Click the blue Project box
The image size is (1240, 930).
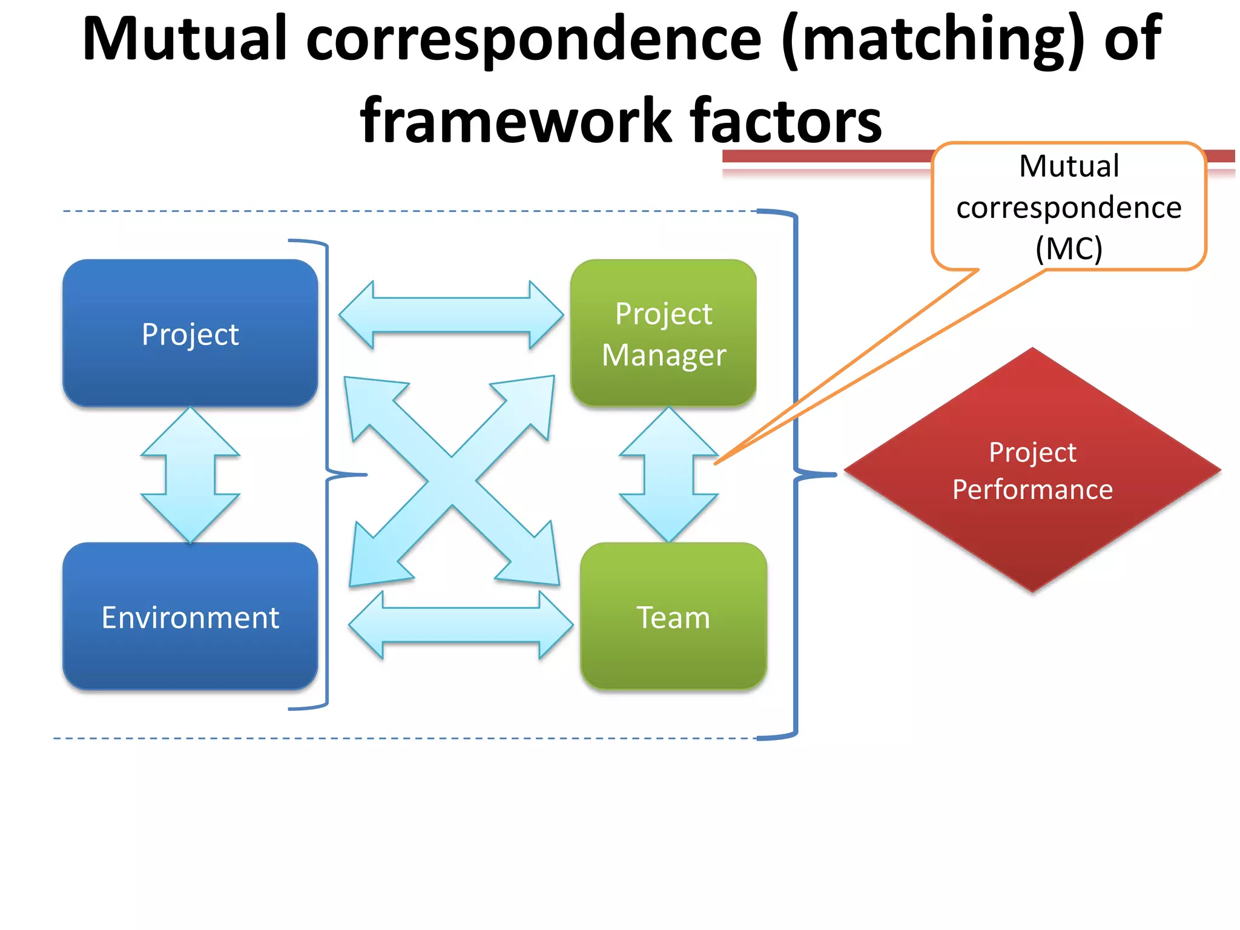(x=190, y=333)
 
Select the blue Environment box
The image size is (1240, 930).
(x=190, y=616)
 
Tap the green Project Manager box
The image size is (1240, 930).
(x=664, y=333)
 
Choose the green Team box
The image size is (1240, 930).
(x=673, y=616)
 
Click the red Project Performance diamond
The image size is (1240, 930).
(x=1032, y=470)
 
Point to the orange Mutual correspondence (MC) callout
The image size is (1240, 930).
(x=1069, y=206)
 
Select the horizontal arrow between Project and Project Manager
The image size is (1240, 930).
(x=451, y=315)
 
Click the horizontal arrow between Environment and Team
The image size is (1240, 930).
(x=461, y=625)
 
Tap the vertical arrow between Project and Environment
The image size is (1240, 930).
(x=190, y=475)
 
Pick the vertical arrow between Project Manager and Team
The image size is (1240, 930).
(x=668, y=475)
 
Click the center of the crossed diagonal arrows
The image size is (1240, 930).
(x=452, y=481)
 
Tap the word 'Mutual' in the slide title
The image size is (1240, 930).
(x=185, y=39)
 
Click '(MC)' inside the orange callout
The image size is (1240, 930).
(x=1069, y=248)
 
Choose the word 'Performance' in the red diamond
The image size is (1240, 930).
(x=1032, y=489)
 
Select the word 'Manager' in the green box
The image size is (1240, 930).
(x=664, y=355)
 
